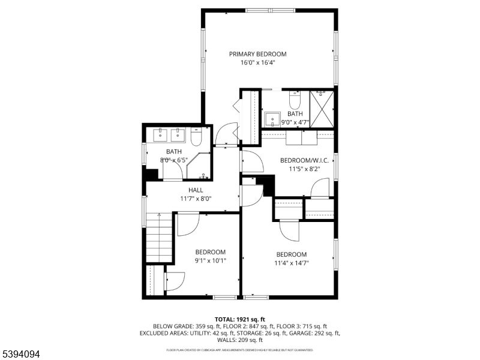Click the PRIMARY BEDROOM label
[257, 54]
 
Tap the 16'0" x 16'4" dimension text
[257, 62]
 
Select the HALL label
[196, 190]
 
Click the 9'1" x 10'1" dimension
[210, 260]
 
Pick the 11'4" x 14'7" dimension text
[292, 263]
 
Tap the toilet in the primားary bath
[295, 97]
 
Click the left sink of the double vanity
[160, 134]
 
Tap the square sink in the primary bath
[272, 118]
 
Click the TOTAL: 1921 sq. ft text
[240, 319]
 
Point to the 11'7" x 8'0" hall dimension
[196, 199]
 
